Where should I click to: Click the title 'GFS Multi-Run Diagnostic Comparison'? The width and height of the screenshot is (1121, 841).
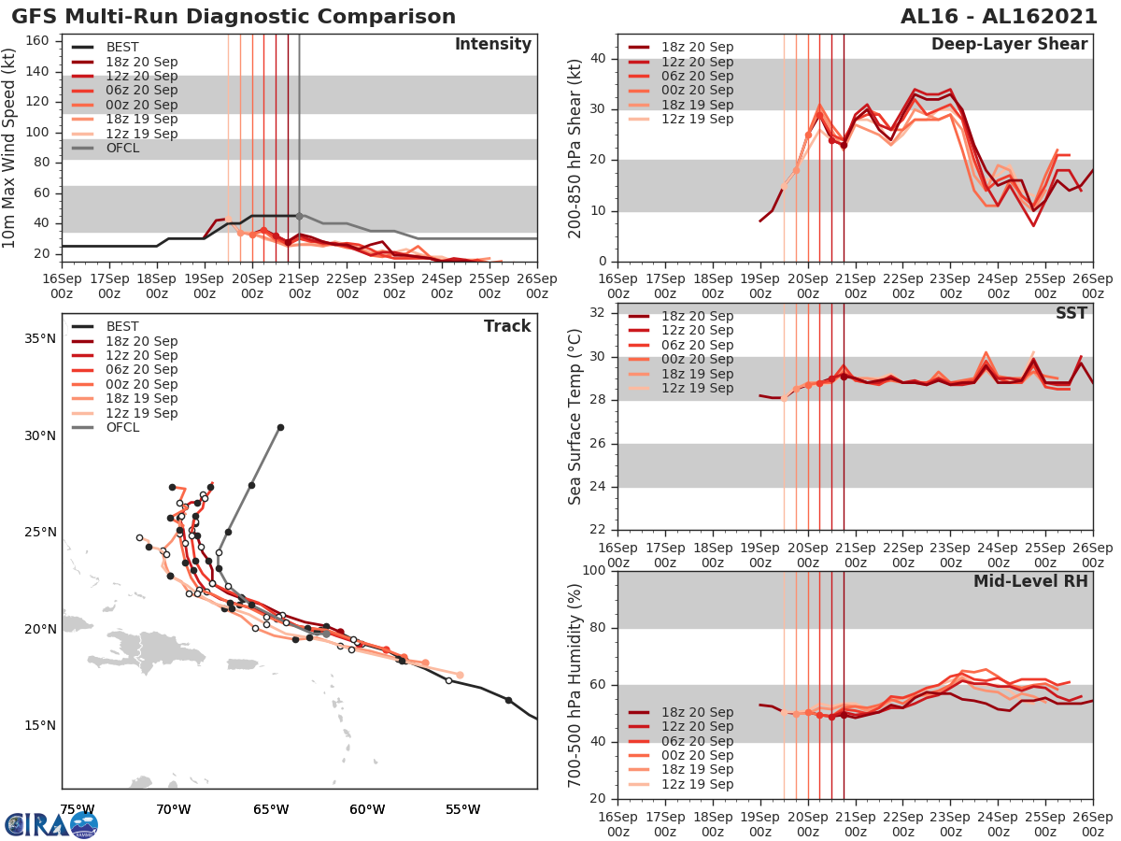tap(234, 17)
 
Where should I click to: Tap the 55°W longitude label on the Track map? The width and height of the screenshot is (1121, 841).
tap(463, 808)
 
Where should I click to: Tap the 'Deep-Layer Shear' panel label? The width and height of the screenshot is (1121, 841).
tap(1009, 45)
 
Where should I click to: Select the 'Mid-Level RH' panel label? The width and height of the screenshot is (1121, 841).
tap(1030, 582)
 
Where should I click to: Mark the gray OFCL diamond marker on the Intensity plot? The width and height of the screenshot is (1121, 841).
tap(299, 216)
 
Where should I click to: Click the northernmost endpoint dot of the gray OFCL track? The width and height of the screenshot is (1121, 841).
tap(280, 427)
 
